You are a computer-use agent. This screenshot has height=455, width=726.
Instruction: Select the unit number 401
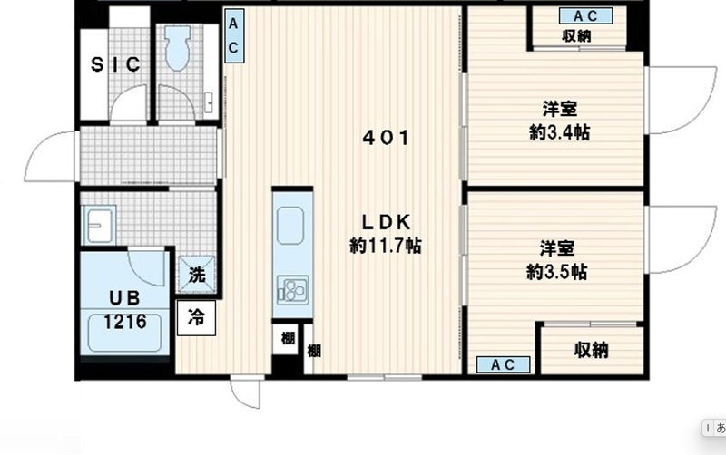point(386,139)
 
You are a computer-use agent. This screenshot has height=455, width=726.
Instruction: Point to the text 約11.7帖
point(386,246)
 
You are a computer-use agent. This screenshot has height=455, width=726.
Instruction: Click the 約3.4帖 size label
point(560,132)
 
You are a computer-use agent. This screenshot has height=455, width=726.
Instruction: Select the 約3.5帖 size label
point(557,272)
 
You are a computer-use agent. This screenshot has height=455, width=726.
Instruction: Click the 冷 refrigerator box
point(196,318)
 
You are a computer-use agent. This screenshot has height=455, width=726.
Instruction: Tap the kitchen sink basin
point(291,223)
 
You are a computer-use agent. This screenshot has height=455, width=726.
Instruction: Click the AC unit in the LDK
point(233,37)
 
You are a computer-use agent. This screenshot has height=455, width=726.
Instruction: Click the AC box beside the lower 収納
point(504,364)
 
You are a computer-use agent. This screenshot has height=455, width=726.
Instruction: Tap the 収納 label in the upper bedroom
point(576,37)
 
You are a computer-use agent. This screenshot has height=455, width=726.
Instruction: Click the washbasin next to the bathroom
point(98,224)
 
